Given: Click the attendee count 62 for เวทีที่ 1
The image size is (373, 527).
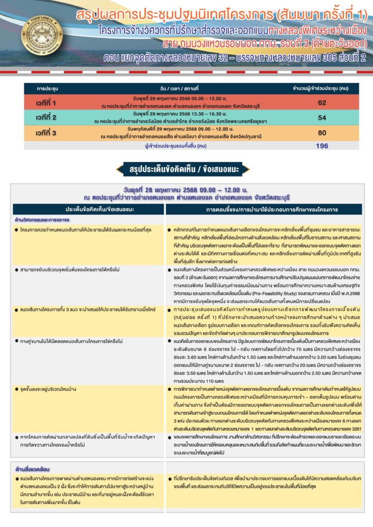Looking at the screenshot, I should pyautogui.click(x=322, y=102).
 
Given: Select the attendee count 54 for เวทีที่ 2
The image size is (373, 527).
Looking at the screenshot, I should pyautogui.click(x=322, y=118).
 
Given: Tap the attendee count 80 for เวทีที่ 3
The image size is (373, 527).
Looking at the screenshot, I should pyautogui.click(x=322, y=133).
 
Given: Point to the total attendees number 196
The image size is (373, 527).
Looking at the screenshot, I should pyautogui.click(x=322, y=146).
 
